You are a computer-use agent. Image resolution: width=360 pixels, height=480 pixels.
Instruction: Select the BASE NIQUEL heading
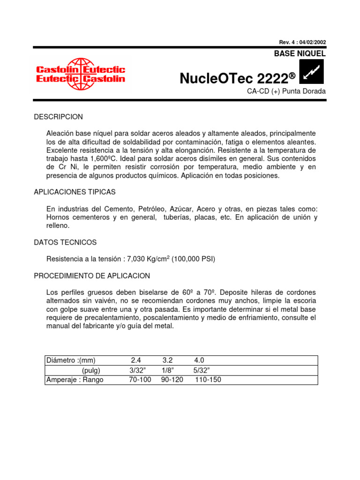pos(300,53)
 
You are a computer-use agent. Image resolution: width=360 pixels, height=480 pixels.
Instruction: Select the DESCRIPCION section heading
pos(58,117)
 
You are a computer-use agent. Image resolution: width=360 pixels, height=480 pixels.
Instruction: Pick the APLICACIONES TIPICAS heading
pos(75,192)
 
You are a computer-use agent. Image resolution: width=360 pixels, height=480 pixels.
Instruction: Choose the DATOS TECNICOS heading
pos(65,242)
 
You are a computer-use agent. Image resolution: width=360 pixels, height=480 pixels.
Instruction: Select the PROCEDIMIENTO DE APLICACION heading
pos(92,276)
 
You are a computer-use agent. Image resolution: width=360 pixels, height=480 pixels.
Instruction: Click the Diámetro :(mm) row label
pos(70,360)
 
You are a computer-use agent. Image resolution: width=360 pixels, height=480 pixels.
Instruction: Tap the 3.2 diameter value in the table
pos(167,360)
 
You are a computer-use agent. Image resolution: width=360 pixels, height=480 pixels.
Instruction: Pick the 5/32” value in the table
pos(202,370)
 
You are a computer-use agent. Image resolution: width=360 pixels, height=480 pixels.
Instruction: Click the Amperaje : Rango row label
pos(75,380)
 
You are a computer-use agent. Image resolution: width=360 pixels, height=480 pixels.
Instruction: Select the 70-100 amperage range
pos(140,380)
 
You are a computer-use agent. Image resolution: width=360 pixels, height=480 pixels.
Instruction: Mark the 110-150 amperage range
pos(208,380)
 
